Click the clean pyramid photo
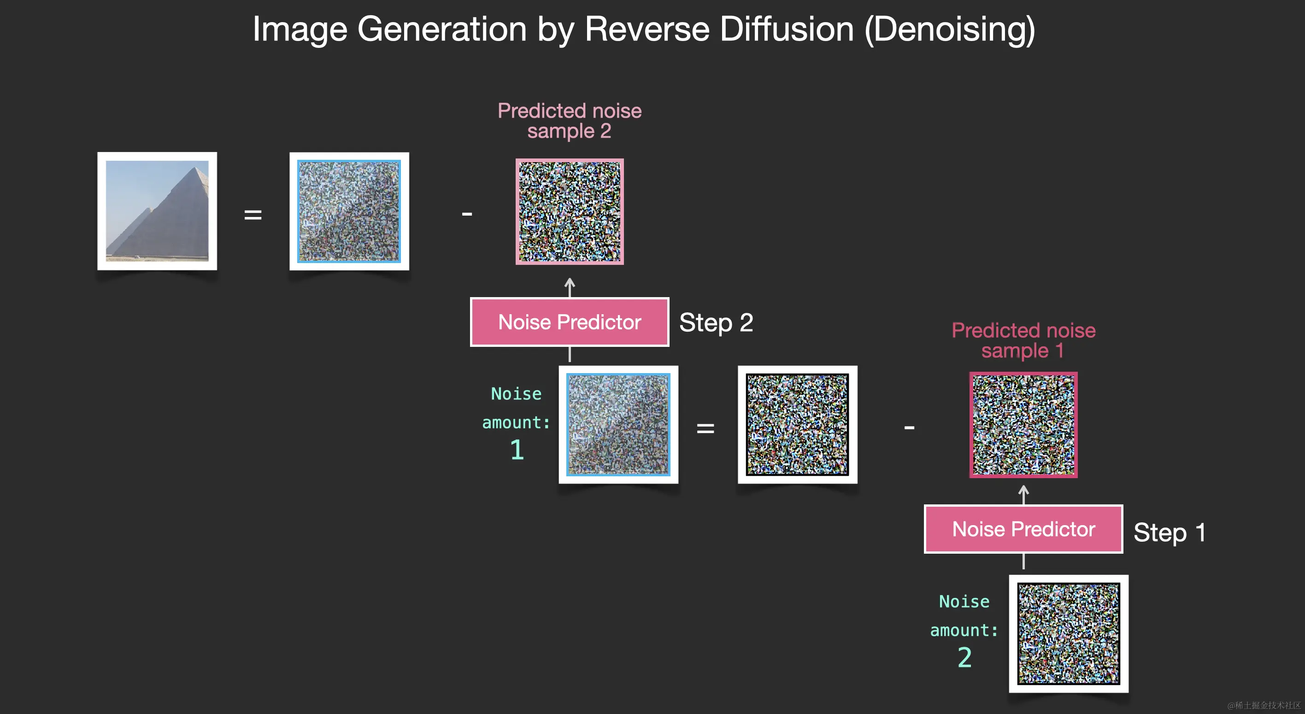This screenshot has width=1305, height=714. coord(157,211)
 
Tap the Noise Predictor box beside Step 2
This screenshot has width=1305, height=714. coord(570,322)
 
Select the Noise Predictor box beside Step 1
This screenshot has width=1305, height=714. coord(1023,529)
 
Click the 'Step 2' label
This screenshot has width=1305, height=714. coord(716,322)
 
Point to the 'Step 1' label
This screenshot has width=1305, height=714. coord(1169,532)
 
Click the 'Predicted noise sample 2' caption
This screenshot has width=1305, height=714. coord(570,121)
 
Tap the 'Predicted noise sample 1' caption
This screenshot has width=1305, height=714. coord(1023,340)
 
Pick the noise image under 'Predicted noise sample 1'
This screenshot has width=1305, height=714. coord(1023,425)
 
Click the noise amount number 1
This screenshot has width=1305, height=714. coord(516,450)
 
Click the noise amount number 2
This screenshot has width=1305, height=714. coord(964,657)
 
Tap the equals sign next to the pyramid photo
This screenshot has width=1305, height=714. coord(253,215)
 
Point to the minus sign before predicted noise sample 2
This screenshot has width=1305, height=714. coord(467,214)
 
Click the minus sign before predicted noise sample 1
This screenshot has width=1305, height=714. coord(909,427)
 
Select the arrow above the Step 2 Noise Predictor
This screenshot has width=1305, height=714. coord(570,287)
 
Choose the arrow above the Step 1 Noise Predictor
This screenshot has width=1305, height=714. coord(1023,494)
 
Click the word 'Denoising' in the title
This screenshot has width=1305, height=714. coord(950,29)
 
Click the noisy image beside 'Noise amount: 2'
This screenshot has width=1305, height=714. coord(1069,633)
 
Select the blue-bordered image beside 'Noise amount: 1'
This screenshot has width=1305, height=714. coord(618,424)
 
